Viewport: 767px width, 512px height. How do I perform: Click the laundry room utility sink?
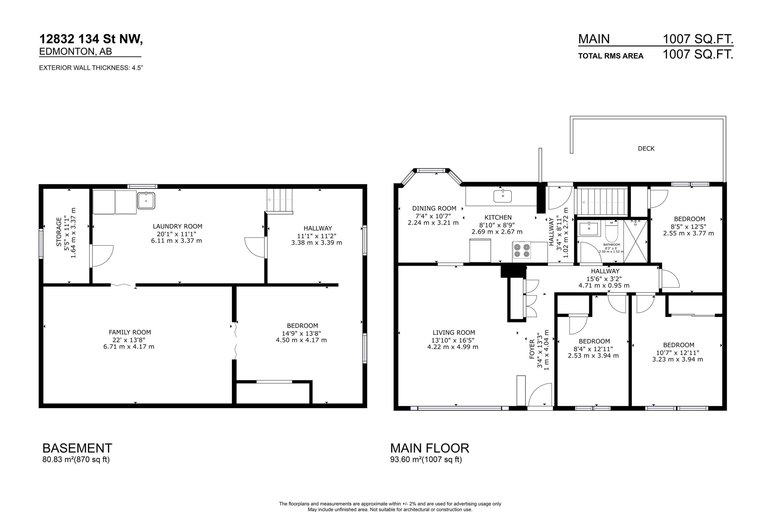pyautogui.click(x=146, y=200)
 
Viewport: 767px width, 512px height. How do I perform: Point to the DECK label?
pyautogui.click(x=646, y=149)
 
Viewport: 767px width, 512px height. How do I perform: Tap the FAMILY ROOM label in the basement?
pyautogui.click(x=130, y=332)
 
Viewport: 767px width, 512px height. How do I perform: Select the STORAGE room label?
pyautogui.click(x=59, y=232)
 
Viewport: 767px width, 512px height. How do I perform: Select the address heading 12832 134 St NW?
pyautogui.click(x=91, y=39)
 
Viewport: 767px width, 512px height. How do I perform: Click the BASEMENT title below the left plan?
pyautogui.click(x=77, y=448)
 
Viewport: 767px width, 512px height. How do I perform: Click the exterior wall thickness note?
pyautogui.click(x=91, y=68)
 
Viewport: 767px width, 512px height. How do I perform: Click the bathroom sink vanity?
pyautogui.click(x=589, y=229)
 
